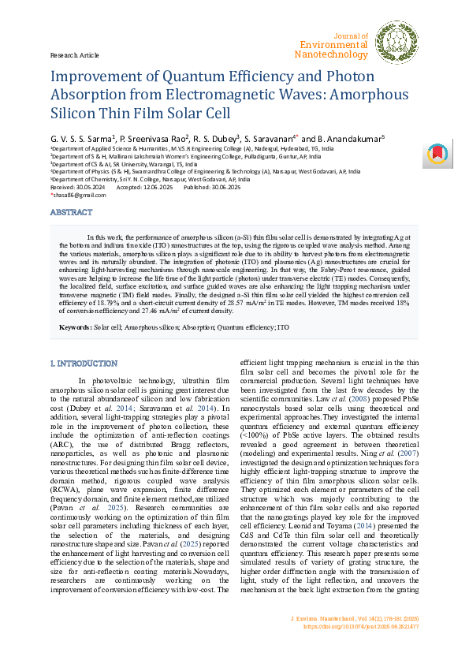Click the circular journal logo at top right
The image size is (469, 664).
pos(396,43)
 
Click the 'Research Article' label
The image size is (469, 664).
pos(74,55)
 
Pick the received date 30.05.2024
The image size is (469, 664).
pos(87,186)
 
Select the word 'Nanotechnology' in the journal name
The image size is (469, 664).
pos(330,54)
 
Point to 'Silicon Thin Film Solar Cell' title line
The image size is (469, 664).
pos(141,114)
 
